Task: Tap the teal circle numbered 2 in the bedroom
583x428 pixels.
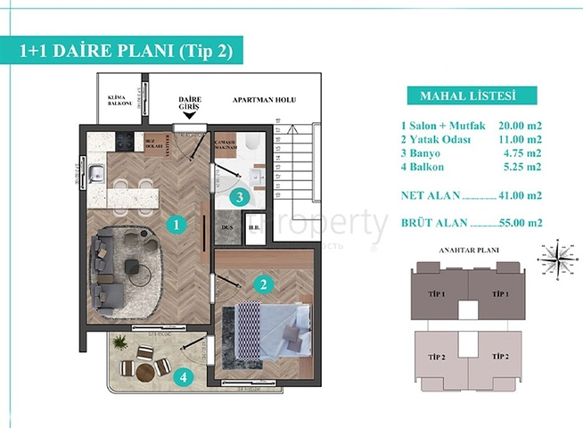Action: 262,286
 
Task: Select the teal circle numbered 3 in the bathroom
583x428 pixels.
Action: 237,198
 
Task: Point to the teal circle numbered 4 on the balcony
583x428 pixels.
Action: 183,377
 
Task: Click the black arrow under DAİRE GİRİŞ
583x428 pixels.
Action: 188,116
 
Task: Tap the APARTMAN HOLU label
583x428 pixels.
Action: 263,101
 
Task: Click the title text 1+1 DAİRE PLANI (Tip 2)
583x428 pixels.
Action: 125,52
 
